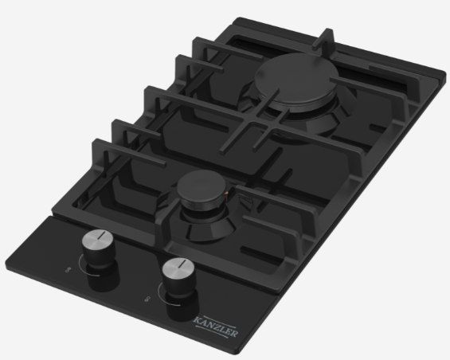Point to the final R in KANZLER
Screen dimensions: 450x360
pos(234,333)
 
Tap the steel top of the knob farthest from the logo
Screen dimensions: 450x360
pos(98,237)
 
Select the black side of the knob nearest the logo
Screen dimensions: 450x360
pos(180,285)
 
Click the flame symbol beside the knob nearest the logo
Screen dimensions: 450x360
pos(147,299)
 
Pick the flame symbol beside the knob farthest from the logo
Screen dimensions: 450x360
pos(68,269)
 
